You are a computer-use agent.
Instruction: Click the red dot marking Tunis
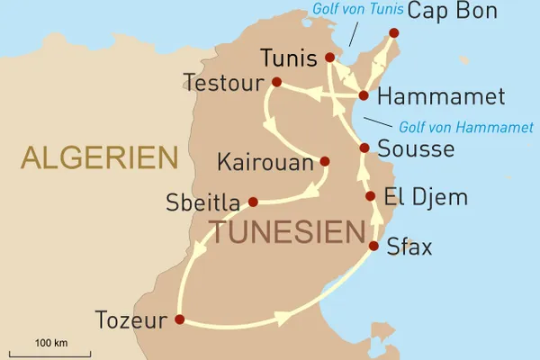(329, 58)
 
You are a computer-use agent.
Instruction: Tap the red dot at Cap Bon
(393, 33)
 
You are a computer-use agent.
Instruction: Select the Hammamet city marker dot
(364, 94)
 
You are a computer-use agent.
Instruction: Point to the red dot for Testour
(276, 83)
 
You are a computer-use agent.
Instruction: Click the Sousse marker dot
(364, 148)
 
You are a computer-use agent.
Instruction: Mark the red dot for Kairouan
(324, 162)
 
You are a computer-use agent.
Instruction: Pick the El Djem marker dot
(369, 196)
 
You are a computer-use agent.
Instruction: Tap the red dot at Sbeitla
(253, 202)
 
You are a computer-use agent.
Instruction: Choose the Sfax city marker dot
(373, 245)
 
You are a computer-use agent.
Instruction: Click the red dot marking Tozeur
(179, 319)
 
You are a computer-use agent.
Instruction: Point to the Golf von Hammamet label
(455, 128)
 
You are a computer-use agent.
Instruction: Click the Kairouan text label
(266, 164)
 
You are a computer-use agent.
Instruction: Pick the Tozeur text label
(131, 319)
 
